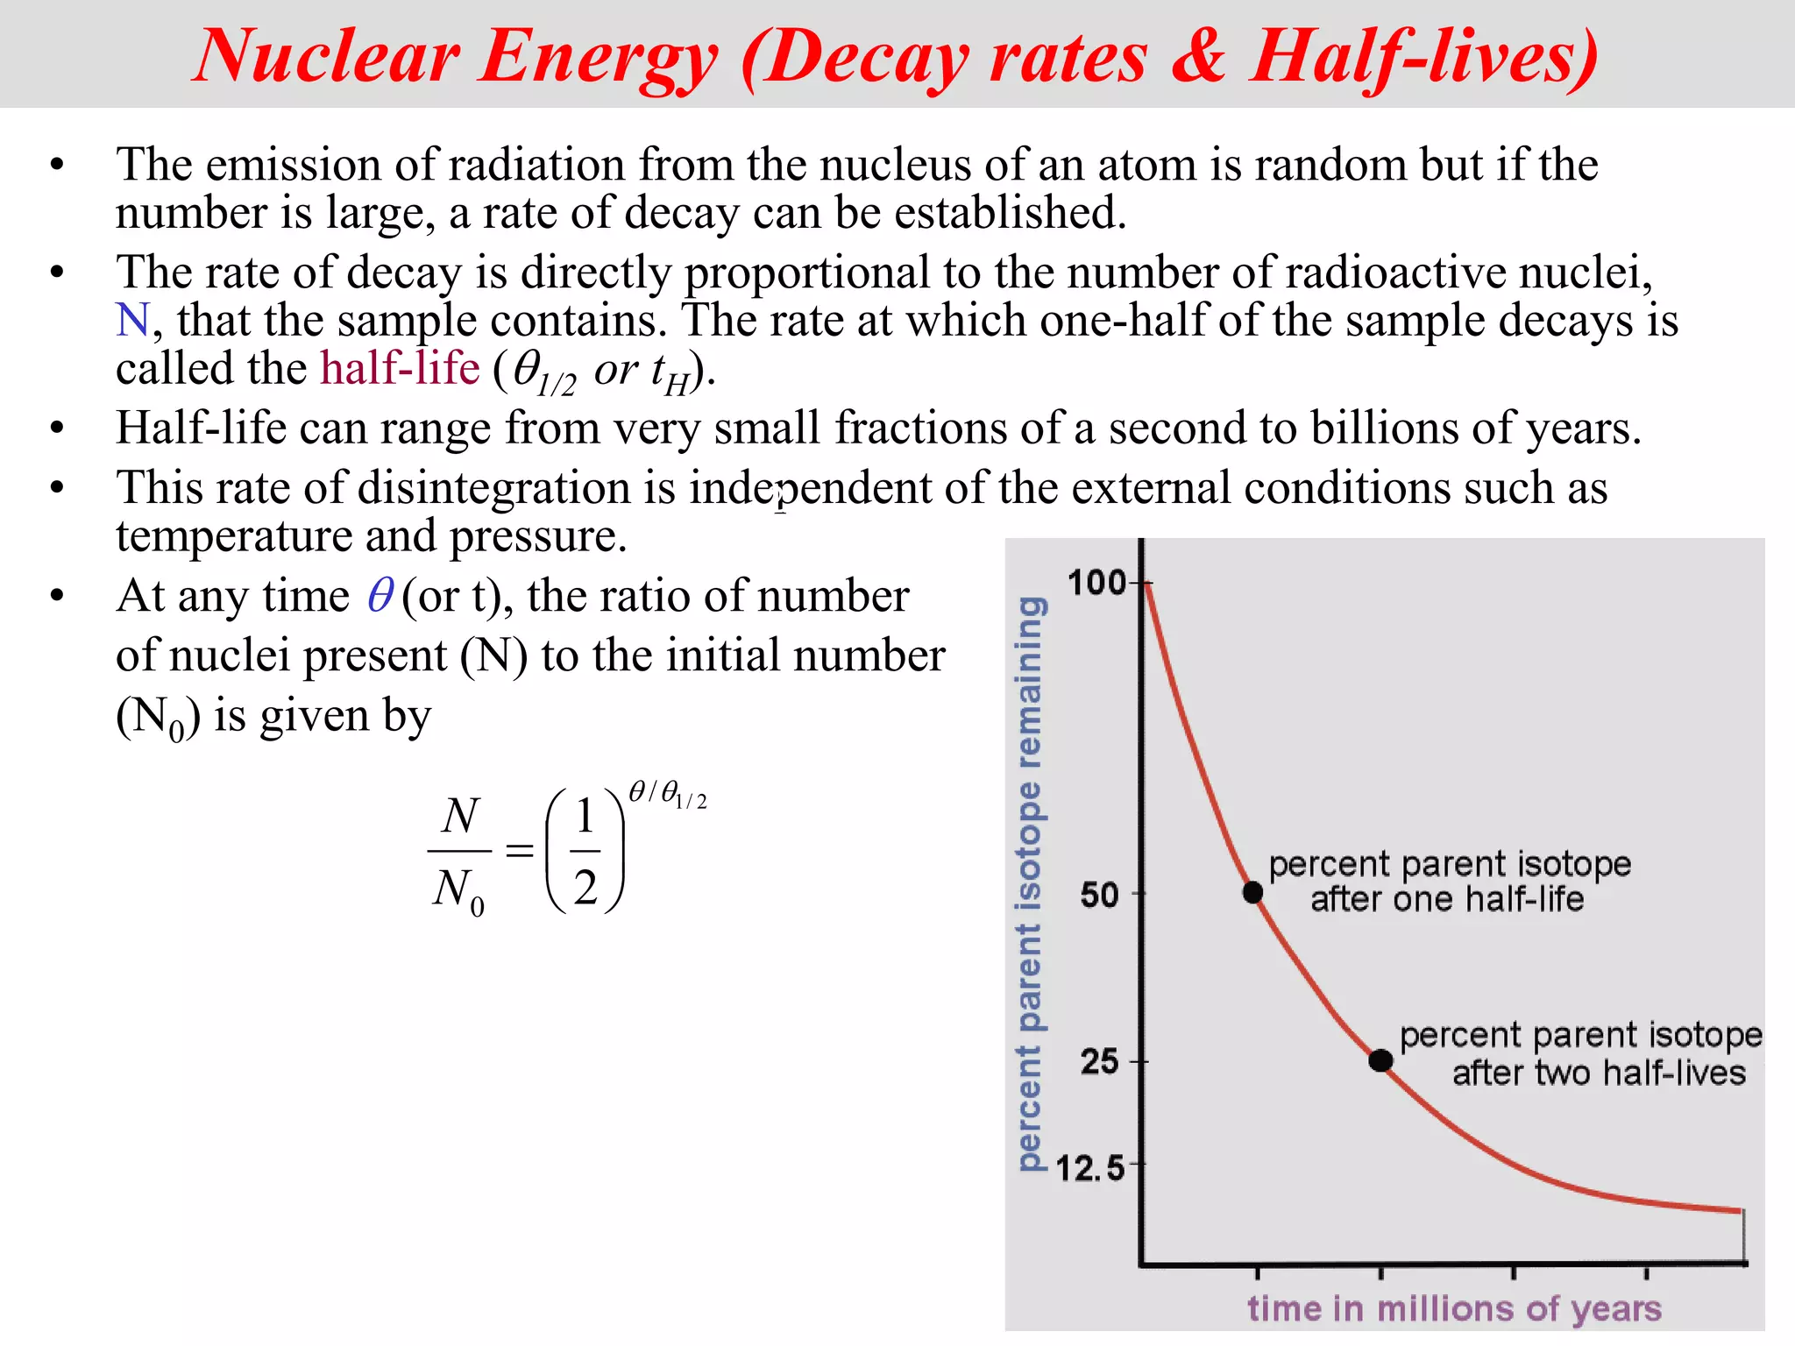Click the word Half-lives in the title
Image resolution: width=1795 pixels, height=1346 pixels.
tap(1424, 57)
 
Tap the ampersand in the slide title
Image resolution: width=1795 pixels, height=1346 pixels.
tap(1198, 57)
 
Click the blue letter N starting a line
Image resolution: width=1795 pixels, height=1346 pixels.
tap(133, 320)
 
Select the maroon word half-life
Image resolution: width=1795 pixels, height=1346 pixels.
tap(400, 368)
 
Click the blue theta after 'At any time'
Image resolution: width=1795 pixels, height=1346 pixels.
tap(380, 596)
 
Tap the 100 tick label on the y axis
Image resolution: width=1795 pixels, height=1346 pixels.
tap(1096, 583)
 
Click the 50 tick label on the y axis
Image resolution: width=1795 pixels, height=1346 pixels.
tap(1099, 895)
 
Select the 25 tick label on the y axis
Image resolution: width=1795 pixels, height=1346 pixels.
tap(1099, 1062)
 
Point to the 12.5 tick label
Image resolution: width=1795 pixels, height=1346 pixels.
tap(1089, 1168)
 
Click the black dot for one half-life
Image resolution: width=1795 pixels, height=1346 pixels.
tap(1253, 892)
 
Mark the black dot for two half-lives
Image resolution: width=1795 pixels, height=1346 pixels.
tap(1380, 1060)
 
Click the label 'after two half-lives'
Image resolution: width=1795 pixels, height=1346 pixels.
tap(1598, 1073)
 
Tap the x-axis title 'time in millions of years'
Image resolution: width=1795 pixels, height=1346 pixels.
tap(1454, 1308)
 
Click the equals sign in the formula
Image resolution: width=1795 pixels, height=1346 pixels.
tap(520, 850)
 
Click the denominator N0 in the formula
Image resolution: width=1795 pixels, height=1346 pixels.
tap(458, 890)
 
